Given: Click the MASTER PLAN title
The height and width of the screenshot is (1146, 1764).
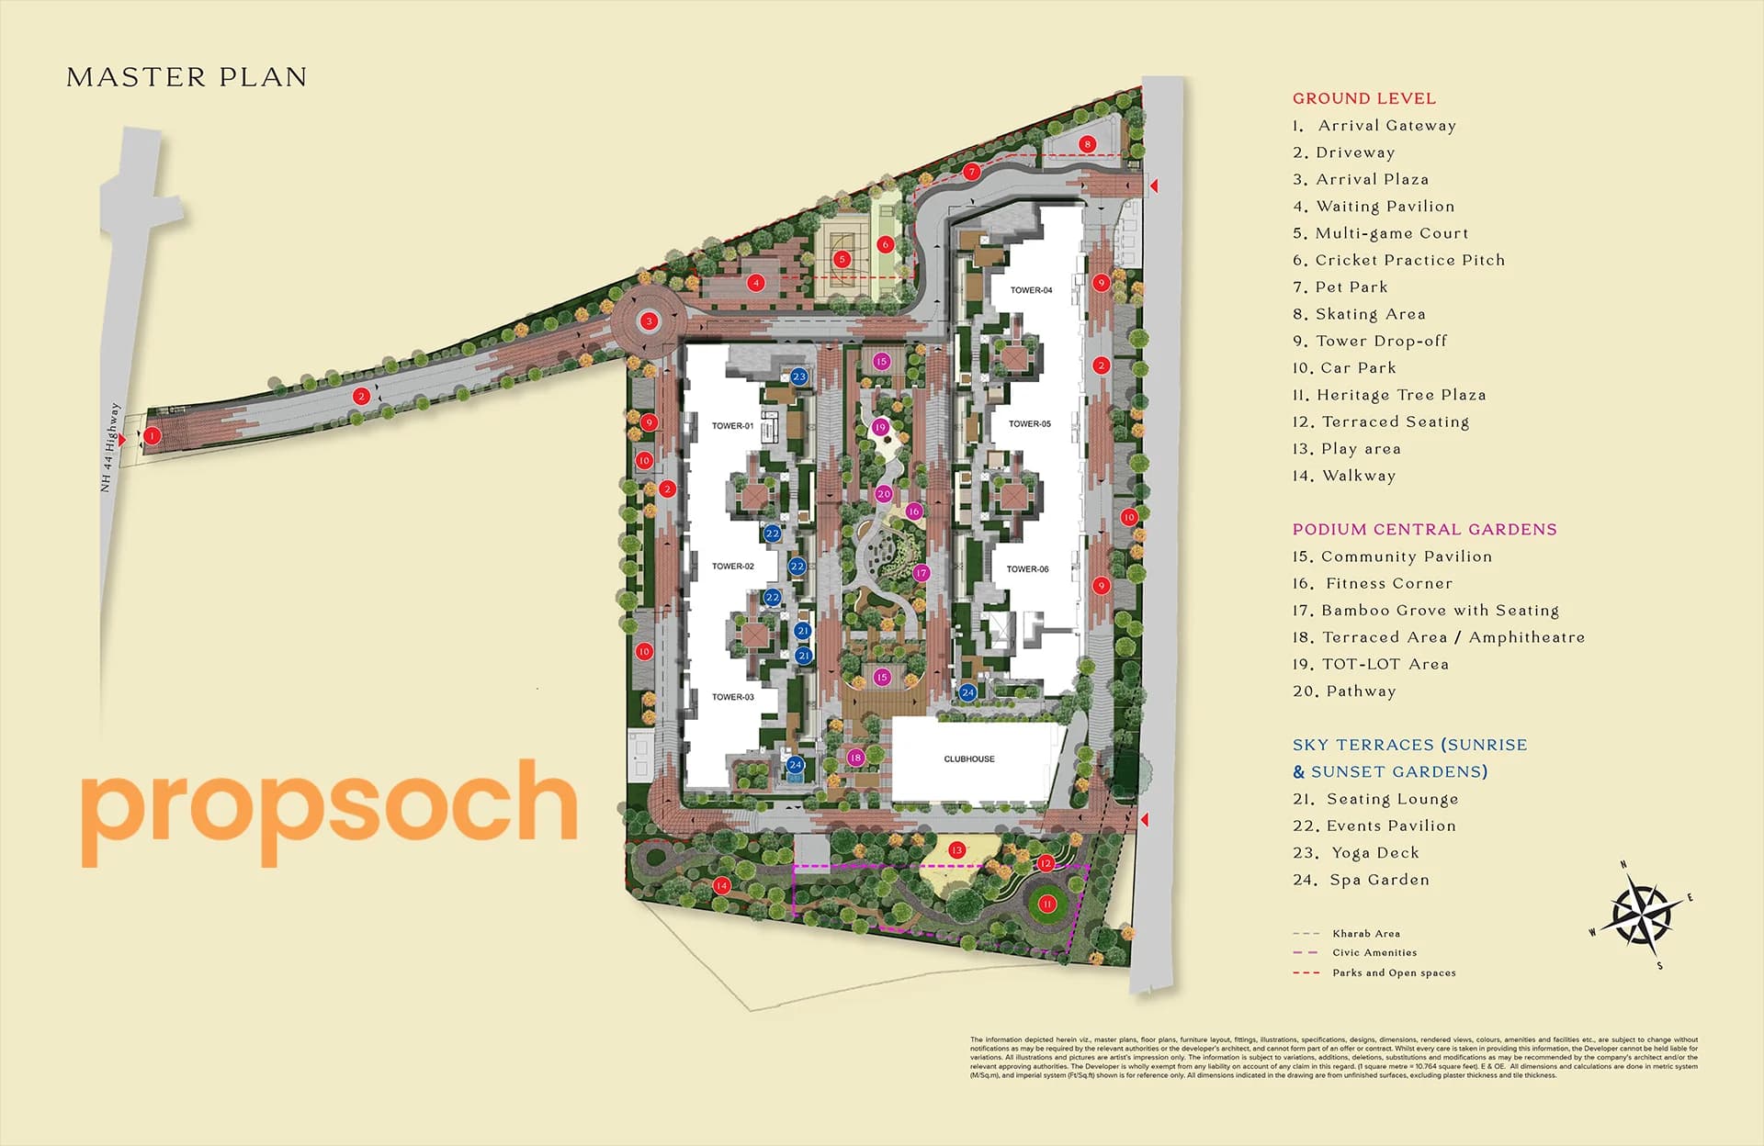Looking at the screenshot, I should [187, 77].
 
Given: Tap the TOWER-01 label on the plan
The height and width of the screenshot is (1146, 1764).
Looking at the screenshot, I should [732, 426].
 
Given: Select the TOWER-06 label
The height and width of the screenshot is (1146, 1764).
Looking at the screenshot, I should [1027, 569].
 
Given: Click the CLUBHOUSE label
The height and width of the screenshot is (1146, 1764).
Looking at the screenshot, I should [969, 759].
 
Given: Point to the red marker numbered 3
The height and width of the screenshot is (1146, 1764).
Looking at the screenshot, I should [650, 320].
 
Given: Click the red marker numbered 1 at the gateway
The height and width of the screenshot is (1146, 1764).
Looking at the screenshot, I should [152, 436].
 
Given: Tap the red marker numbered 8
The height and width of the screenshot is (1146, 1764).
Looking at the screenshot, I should [1088, 144].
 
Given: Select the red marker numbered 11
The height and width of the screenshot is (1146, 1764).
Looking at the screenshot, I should [1046, 904].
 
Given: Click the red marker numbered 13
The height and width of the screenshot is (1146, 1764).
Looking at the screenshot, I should [956, 850].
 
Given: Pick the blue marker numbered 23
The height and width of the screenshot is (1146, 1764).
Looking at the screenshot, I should [798, 376].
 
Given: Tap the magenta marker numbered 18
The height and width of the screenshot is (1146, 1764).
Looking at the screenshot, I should [855, 758].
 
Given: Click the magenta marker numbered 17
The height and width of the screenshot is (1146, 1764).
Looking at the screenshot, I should [922, 573].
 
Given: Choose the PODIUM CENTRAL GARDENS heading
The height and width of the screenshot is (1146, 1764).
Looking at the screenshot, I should [1424, 529].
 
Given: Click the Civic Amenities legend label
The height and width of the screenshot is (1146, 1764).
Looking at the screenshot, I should [1374, 953].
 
